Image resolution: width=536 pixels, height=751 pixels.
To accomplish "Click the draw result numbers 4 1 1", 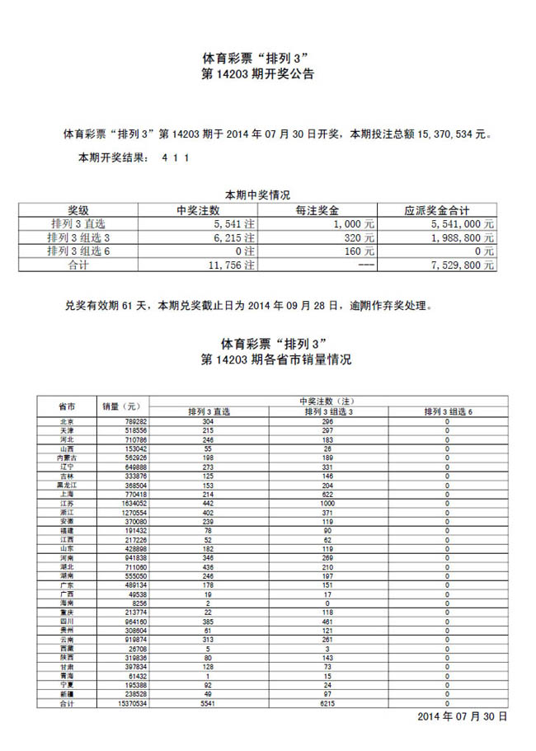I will (176, 157).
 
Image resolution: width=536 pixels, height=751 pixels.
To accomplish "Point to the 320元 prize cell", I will (360, 237).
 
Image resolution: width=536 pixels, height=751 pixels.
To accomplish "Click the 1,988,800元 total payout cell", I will (463, 237).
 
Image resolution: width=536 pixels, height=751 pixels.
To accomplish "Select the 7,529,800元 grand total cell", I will (463, 265).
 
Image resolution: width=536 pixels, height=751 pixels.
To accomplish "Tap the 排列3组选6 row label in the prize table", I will (79, 251).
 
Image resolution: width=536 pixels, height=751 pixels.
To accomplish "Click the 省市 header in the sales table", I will (67, 406).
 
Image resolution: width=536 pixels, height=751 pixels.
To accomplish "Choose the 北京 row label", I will (67, 420).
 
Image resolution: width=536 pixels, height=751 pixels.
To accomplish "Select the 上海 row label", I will (67, 494).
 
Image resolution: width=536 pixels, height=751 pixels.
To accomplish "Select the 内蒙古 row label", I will (67, 458).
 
